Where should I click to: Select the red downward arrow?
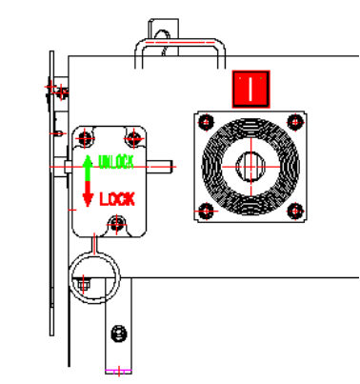point(88,195)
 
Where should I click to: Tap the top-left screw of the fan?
point(206,122)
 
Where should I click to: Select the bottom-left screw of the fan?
point(206,211)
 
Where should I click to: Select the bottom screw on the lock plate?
point(117,224)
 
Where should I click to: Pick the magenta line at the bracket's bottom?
point(118,368)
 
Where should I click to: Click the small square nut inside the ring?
point(84,283)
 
